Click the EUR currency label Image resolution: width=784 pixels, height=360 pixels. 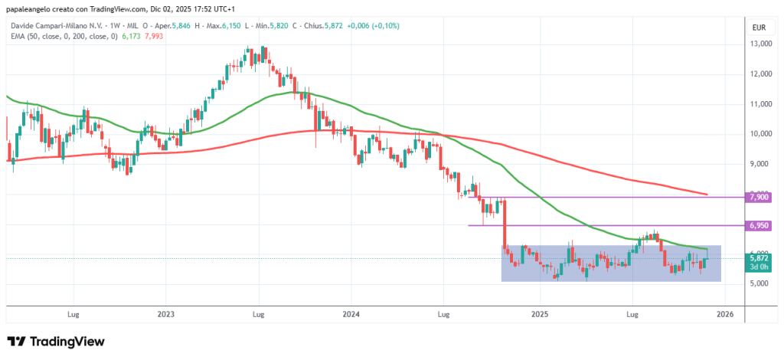coord(759,28)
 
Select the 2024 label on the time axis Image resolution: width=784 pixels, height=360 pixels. coord(351,314)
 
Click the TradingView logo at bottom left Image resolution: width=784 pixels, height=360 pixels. coord(55,342)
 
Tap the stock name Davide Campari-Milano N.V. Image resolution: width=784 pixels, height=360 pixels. coord(54,25)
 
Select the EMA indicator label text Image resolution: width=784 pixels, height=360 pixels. coord(62,36)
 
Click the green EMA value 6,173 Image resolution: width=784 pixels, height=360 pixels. coord(131,36)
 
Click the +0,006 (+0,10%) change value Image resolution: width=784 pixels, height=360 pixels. coord(373,25)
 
